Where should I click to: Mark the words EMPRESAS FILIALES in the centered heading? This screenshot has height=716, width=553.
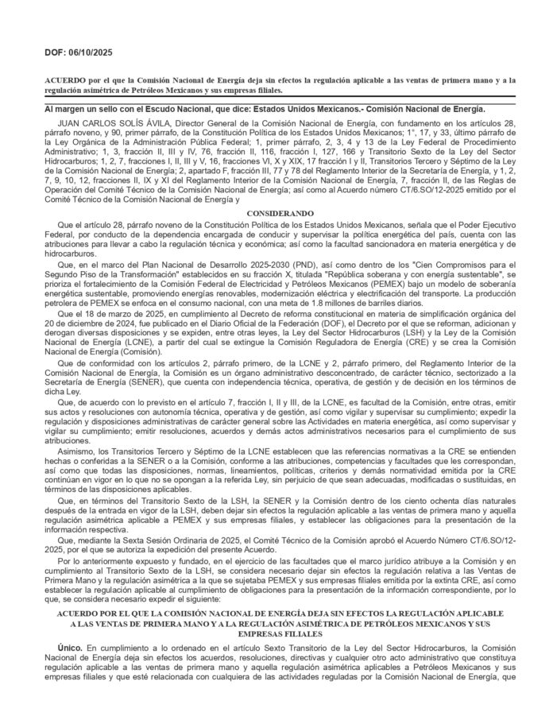(276, 635)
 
